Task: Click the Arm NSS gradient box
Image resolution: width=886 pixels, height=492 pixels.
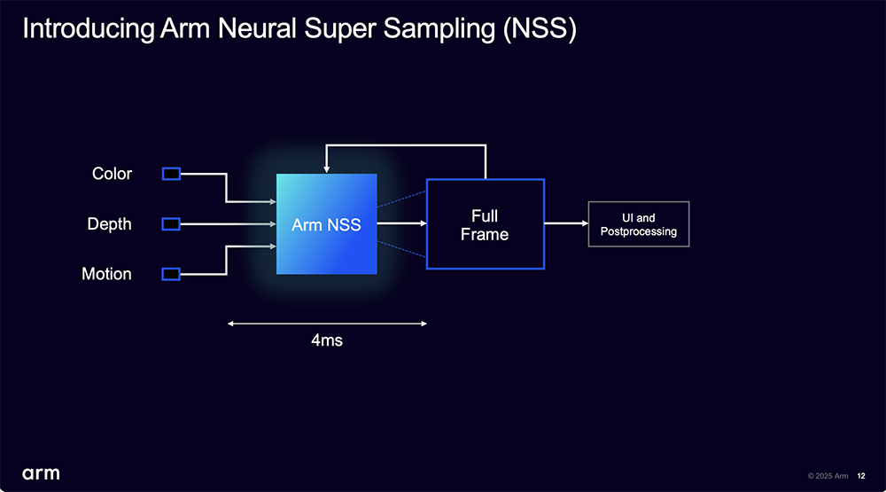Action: (327, 224)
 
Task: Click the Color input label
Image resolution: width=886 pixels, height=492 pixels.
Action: (112, 174)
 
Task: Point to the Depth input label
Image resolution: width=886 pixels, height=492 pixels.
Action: (109, 224)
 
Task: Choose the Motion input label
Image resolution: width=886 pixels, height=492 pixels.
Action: (106, 274)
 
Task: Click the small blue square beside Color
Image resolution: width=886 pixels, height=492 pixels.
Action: (171, 174)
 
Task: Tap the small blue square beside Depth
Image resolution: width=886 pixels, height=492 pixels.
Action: (171, 224)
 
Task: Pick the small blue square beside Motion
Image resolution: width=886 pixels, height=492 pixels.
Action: (171, 274)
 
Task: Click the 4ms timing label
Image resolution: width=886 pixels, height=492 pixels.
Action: (327, 340)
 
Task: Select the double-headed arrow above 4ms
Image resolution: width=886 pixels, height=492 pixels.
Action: (327, 324)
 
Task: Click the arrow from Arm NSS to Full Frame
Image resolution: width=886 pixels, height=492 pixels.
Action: (401, 223)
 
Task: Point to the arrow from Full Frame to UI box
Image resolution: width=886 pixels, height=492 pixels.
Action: (566, 223)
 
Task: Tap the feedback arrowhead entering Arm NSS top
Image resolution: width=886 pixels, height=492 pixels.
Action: (326, 169)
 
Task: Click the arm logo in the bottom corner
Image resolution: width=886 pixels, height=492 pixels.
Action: (41, 474)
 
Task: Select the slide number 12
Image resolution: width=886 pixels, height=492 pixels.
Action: (861, 476)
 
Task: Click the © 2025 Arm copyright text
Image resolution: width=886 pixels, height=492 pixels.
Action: (828, 476)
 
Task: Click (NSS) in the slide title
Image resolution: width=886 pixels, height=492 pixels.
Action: (540, 29)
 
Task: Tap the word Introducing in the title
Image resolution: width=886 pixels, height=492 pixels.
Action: (89, 30)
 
